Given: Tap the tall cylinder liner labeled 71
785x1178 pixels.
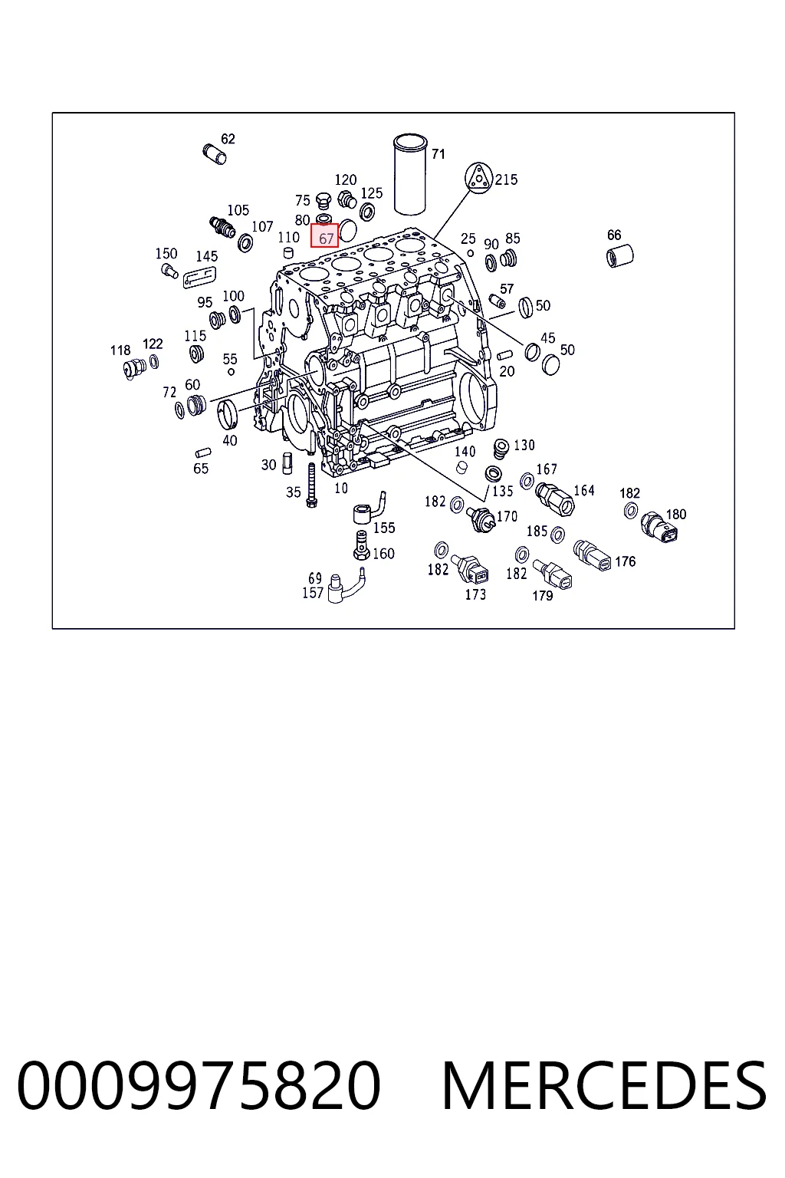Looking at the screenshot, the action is [x=411, y=175].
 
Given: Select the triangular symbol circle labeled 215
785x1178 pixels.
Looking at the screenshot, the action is [x=478, y=177].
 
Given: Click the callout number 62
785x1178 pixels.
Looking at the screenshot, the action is [x=228, y=139].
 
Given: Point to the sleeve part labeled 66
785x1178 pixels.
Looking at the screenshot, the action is [x=619, y=256].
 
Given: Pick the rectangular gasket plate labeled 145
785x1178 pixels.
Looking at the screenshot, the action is [x=200, y=276].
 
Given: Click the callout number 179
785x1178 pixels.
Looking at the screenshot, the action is [x=542, y=595].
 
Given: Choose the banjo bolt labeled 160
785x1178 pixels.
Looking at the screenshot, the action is [x=361, y=545].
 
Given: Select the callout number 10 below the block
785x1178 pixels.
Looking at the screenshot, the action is [x=340, y=489].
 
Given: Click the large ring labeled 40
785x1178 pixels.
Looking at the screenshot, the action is [x=228, y=414].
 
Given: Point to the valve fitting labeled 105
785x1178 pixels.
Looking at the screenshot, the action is [x=222, y=226].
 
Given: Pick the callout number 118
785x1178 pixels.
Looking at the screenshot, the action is [x=120, y=350].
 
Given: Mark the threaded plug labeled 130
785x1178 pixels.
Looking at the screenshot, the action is [x=500, y=448].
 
